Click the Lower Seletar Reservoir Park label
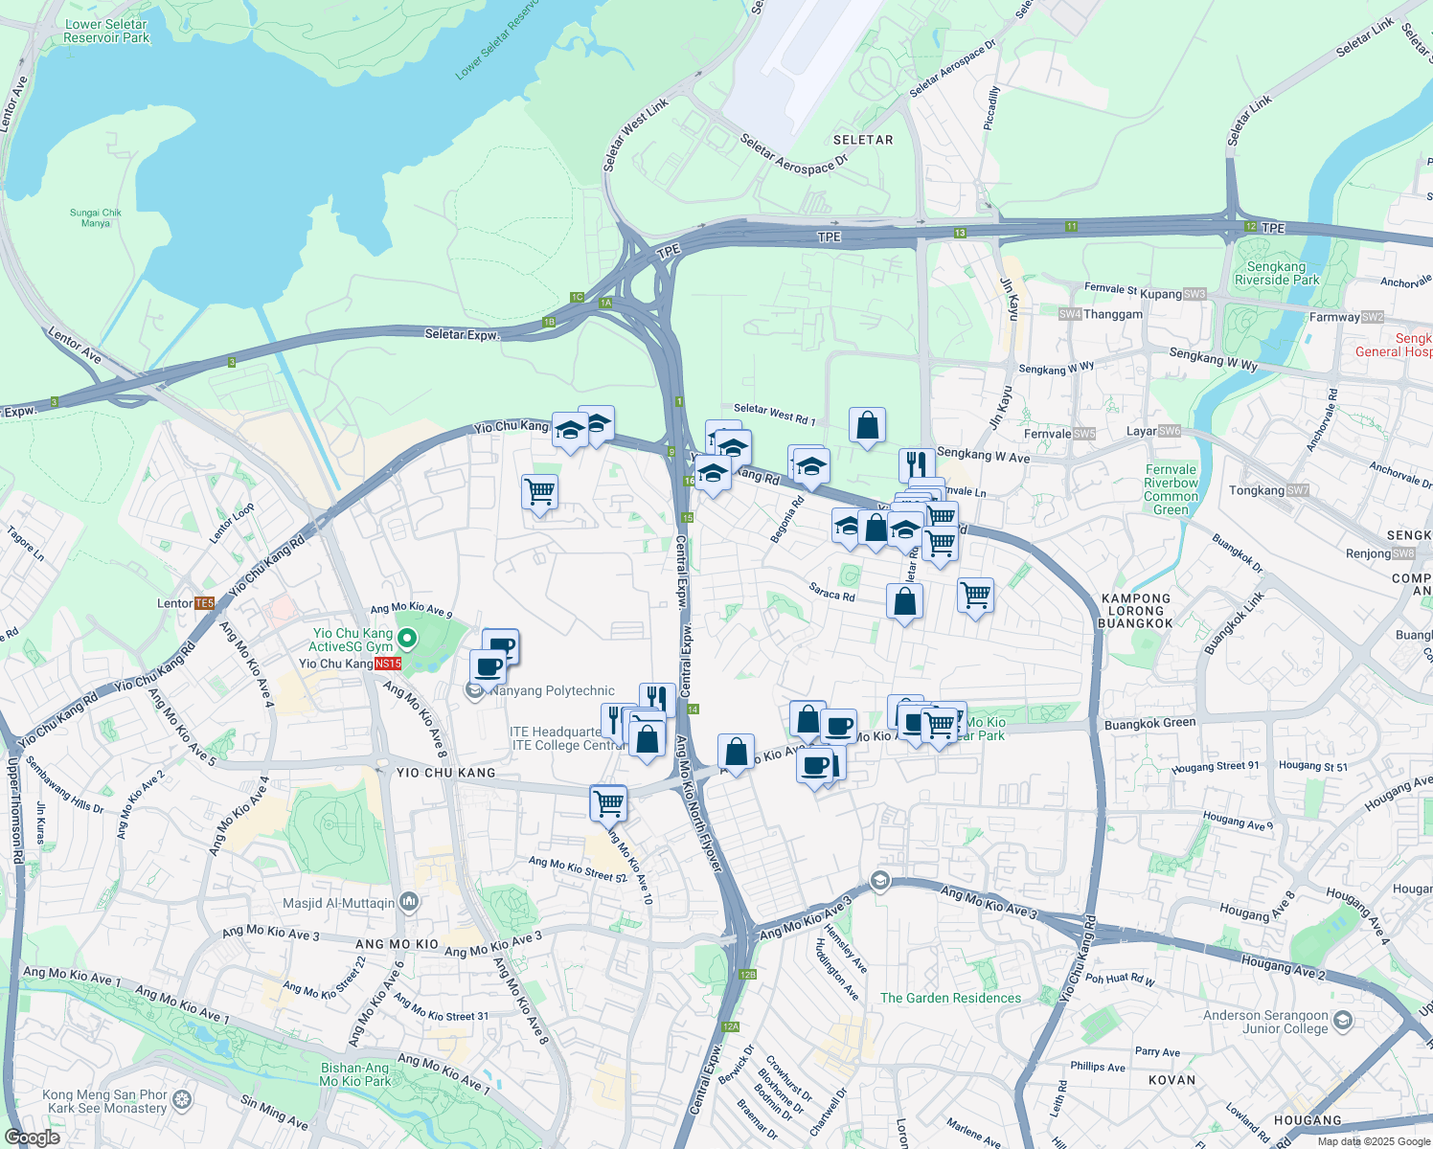tap(106, 32)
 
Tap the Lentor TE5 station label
tap(186, 603)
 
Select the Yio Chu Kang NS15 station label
tap(350, 664)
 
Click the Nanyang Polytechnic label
tap(552, 690)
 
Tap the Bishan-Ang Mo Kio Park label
tap(354, 1074)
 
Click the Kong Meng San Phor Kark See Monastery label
tap(104, 1101)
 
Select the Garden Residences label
tap(950, 998)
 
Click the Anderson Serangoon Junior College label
tap(1265, 1022)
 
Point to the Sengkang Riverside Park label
tap(1276, 274)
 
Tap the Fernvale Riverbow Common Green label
tap(1171, 489)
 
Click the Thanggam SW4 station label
tap(1102, 314)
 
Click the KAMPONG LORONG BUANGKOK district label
tap(1136, 611)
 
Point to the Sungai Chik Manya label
tap(96, 217)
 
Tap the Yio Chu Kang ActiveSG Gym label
tap(352, 640)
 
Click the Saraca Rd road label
tap(831, 594)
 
